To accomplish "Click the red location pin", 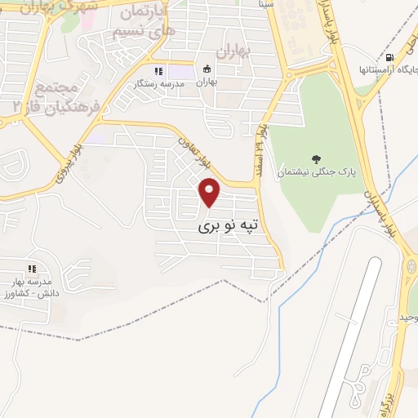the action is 211,193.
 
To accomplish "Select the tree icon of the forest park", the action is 316,158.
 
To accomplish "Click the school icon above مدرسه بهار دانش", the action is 32,268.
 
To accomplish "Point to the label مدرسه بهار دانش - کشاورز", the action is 31,286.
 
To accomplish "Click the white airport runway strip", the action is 352,327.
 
